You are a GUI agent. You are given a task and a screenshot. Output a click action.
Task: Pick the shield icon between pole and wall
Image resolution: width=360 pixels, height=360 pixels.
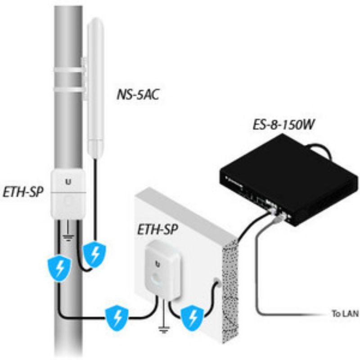[117, 318]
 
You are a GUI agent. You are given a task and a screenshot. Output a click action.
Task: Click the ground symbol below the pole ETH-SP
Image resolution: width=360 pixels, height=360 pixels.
[68, 236]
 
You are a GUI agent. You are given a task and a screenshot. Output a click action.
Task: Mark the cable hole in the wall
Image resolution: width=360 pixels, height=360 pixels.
[217, 282]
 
